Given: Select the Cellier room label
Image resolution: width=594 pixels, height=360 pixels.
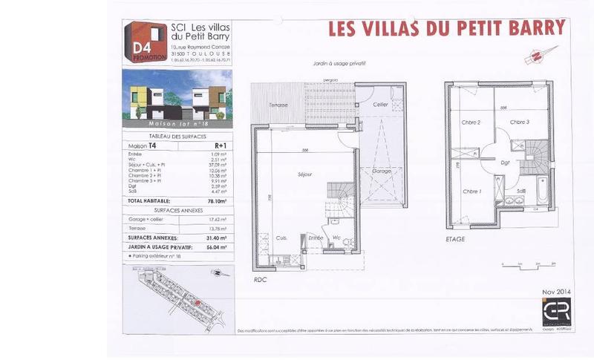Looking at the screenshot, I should coord(381,105).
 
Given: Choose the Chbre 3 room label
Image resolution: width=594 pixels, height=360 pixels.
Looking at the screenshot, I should coord(519,122).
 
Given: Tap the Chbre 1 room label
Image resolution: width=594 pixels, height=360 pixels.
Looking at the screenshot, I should coord(472,191).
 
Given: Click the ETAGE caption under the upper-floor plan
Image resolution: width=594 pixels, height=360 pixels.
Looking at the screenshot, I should coord(456,239).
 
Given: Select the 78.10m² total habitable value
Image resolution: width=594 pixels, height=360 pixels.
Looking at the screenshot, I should coord(216,200).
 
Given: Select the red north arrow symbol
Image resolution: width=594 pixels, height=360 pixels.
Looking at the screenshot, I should coord(534,55).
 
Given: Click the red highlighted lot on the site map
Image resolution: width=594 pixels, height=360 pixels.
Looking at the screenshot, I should coord(196,302).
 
